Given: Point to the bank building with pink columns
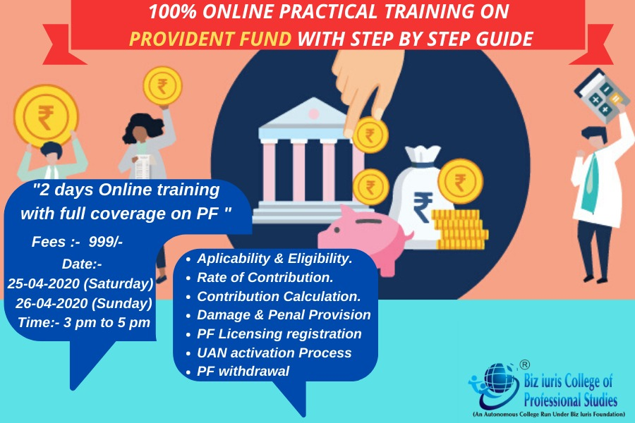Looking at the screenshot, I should (x=307, y=162).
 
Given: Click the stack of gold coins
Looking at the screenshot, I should (x=459, y=229).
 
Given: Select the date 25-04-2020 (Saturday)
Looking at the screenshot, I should (x=80, y=283).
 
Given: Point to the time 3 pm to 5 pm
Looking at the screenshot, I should (x=83, y=322).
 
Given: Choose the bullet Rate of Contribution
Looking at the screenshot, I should (x=265, y=277).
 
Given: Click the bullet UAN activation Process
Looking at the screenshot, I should (x=274, y=352).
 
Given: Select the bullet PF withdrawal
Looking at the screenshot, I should (x=243, y=371).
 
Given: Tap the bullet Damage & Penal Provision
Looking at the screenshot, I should (x=283, y=314).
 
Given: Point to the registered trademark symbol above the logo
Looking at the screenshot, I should (x=524, y=364).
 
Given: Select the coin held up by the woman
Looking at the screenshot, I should (x=162, y=86).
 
